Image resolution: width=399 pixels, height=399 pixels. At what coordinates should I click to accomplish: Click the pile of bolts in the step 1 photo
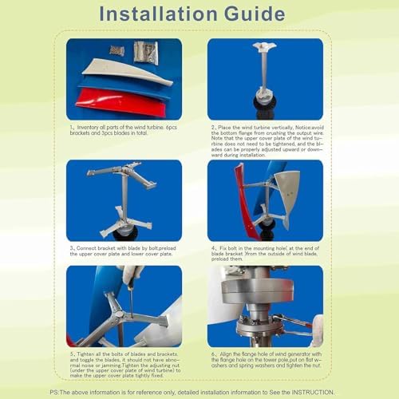pyautogui.click(x=118, y=50)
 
